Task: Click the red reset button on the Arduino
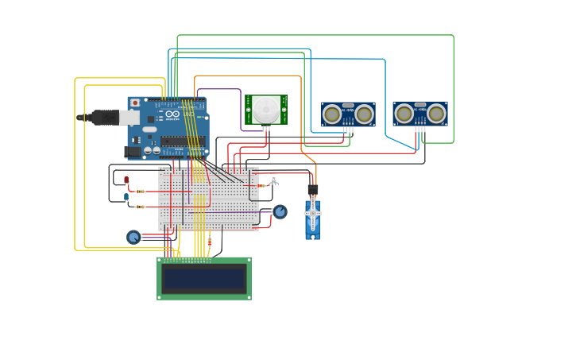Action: tap(135, 103)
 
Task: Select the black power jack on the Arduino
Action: tap(133, 151)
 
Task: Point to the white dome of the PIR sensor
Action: tap(266, 109)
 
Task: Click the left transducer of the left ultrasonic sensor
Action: tap(333, 114)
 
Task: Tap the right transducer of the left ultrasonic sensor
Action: tap(364, 114)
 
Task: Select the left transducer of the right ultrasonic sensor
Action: tap(404, 114)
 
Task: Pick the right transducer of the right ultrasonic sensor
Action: tap(435, 114)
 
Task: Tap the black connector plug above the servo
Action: tap(313, 189)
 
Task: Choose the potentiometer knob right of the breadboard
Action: tap(280, 211)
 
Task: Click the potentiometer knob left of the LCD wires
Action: tap(133, 237)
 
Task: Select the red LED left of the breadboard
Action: tap(126, 180)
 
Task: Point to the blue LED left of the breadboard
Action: tap(126, 196)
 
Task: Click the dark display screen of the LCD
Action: tap(204, 278)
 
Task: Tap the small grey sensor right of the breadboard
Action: tap(274, 180)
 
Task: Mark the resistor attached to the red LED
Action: tap(141, 192)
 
